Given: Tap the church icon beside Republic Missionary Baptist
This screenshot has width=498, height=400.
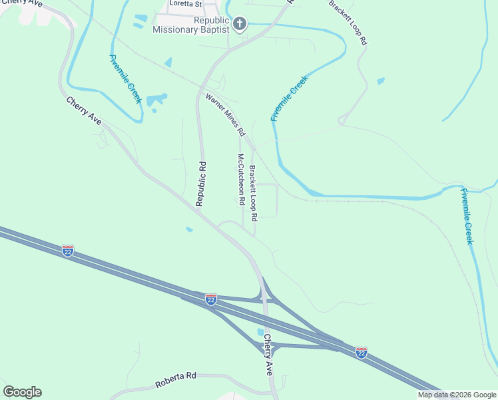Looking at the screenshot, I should tap(240, 25).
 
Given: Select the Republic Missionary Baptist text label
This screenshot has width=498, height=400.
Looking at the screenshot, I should tap(192, 25).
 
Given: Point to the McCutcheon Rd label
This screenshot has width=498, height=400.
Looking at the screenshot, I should tap(241, 179).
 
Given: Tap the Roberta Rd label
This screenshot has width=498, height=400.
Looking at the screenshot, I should tap(176, 381).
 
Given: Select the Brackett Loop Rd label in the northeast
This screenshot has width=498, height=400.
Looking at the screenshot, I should tap(348, 23).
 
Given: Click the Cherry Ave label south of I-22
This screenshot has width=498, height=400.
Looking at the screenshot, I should tap(268, 355).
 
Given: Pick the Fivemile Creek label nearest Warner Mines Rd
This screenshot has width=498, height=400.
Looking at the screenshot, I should tap(290, 99).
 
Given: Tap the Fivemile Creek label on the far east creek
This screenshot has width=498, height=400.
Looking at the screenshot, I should tap(467, 216).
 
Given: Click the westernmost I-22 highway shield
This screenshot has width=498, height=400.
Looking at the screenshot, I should tap(67, 251).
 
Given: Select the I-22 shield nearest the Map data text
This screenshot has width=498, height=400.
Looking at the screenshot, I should tap(361, 351).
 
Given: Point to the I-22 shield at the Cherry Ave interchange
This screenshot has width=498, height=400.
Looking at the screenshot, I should tap(210, 299).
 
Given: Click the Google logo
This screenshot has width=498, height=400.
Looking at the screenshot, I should tap(22, 392).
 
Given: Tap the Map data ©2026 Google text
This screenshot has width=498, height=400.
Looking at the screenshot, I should tap(457, 395).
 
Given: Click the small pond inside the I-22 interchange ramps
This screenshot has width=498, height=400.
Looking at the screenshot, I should tap(260, 332).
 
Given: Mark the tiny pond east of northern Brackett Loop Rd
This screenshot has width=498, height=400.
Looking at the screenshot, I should tap(380, 81).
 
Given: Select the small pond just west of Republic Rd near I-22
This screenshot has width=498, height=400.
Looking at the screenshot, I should tap(190, 230).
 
